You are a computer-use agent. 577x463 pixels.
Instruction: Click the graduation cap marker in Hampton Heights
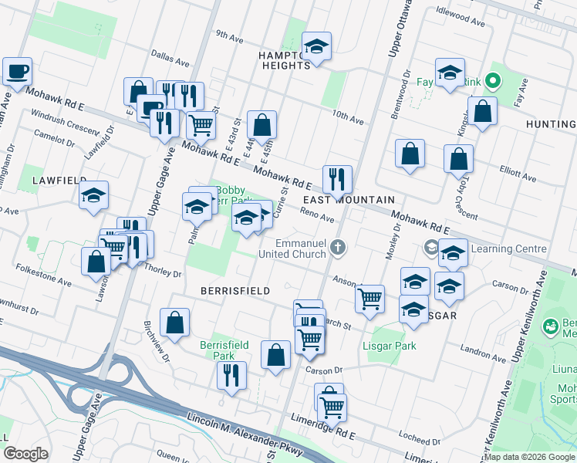(x=316, y=48)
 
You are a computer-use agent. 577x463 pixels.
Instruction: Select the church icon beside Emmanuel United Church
(x=336, y=247)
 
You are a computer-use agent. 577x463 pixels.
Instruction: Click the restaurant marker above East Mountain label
(x=336, y=180)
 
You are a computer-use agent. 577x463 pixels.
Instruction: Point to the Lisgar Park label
(x=390, y=346)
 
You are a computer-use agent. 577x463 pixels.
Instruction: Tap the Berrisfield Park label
(x=224, y=350)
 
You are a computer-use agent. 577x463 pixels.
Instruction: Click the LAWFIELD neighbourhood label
(x=59, y=180)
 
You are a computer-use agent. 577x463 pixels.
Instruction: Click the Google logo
(x=25, y=454)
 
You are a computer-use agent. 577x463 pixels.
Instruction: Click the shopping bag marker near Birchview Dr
(x=175, y=322)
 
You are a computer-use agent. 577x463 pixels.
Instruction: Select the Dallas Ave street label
(x=170, y=59)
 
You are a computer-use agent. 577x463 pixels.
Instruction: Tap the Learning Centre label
(x=508, y=248)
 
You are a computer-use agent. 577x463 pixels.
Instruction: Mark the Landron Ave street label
(x=483, y=354)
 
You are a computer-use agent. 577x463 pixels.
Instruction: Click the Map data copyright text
(x=528, y=456)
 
